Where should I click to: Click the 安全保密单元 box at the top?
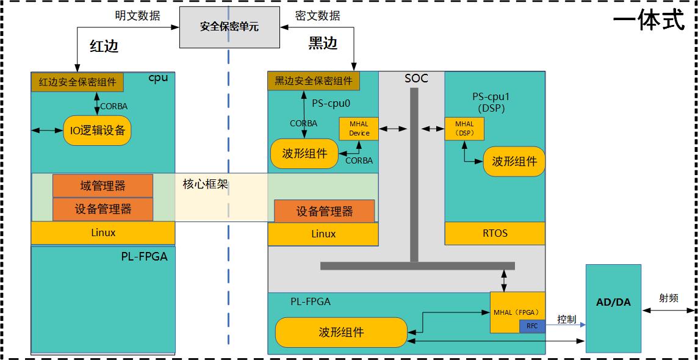229,27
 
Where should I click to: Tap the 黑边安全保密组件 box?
313,81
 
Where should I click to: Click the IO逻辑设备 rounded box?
97,130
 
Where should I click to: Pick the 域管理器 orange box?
103,185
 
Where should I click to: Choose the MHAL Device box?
359,129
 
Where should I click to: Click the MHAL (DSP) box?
464,129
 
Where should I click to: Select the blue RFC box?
531,326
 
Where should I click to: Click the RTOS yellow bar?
494,233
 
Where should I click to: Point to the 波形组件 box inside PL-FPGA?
341,333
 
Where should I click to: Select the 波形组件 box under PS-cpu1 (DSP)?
514,162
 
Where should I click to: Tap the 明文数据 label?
137,15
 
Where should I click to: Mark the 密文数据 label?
317,15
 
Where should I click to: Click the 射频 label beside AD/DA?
669,298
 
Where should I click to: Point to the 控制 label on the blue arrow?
566,319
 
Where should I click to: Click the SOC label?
416,78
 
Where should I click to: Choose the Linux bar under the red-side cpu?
103,232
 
